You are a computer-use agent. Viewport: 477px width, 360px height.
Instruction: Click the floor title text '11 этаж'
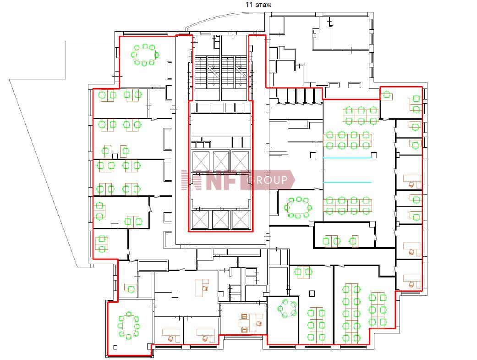[x=258, y=5]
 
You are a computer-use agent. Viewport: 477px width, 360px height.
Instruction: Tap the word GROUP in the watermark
[x=267, y=180]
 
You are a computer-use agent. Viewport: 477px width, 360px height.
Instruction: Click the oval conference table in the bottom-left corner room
[x=129, y=325]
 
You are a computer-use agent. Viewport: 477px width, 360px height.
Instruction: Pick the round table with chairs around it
[x=287, y=308]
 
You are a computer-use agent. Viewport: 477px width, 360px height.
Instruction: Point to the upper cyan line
[x=347, y=158]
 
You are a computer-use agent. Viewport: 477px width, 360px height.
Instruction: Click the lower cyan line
[x=347, y=182]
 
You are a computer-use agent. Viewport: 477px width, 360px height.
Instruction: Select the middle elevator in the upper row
[x=221, y=161]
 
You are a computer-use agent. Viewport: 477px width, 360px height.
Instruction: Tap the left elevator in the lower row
[x=201, y=219]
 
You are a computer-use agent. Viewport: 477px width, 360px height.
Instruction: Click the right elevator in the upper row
[x=240, y=161]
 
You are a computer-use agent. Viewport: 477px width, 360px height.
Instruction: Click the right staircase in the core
[x=234, y=72]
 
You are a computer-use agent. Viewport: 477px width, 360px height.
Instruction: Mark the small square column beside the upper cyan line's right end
[x=374, y=155]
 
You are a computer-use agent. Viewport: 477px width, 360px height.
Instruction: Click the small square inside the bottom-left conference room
[x=115, y=347]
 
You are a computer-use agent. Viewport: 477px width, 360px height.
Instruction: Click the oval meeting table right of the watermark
[x=298, y=207]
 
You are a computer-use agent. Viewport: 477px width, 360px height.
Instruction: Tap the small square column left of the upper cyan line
[x=313, y=155]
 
